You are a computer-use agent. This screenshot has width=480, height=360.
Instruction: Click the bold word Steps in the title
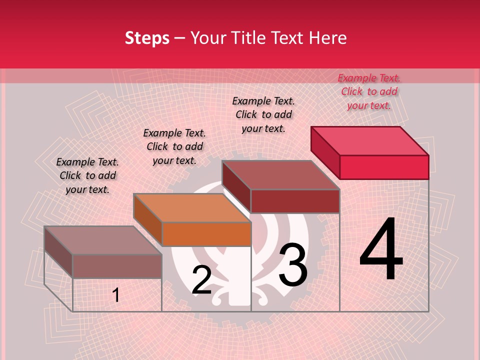(147, 38)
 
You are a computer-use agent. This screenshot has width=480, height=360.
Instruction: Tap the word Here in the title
(328, 38)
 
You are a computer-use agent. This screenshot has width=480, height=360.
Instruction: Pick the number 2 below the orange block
(201, 280)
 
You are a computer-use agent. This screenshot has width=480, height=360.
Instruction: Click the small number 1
(116, 295)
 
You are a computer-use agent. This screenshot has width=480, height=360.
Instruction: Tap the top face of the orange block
(192, 207)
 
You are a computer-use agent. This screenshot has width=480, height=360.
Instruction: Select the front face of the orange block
(206, 234)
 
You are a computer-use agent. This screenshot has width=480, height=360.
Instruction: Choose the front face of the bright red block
(384, 167)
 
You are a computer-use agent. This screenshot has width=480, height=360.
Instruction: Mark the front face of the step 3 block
(295, 201)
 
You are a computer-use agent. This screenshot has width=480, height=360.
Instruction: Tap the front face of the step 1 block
(117, 266)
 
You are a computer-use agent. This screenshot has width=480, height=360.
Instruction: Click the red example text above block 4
(369, 91)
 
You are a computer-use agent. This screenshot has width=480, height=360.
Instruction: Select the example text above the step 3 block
(263, 114)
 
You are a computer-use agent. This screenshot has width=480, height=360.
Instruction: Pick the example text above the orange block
(174, 146)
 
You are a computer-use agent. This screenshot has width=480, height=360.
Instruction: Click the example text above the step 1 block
(87, 175)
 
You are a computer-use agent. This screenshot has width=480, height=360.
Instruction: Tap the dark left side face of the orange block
(148, 220)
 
